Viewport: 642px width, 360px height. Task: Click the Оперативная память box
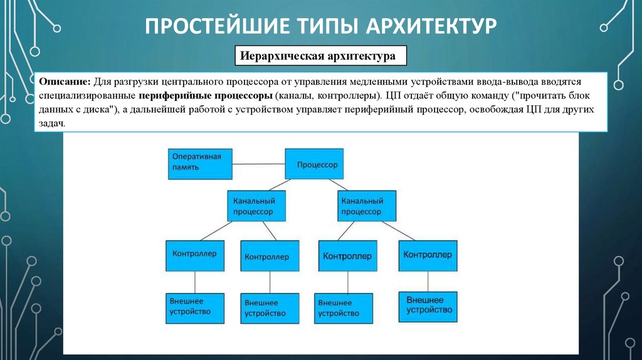[199, 164]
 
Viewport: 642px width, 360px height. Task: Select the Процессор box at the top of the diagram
[317, 164]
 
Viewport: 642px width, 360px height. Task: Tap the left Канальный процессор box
[257, 206]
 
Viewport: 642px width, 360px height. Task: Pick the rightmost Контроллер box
[428, 255]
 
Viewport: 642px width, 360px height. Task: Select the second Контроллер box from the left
[266, 257]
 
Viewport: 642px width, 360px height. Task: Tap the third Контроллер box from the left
[347, 257]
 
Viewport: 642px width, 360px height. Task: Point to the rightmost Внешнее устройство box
[429, 305]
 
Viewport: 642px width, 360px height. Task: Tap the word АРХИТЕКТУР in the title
[428, 27]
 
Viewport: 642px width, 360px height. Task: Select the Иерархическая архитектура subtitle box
[320, 56]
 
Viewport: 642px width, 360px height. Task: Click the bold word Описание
[65, 83]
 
